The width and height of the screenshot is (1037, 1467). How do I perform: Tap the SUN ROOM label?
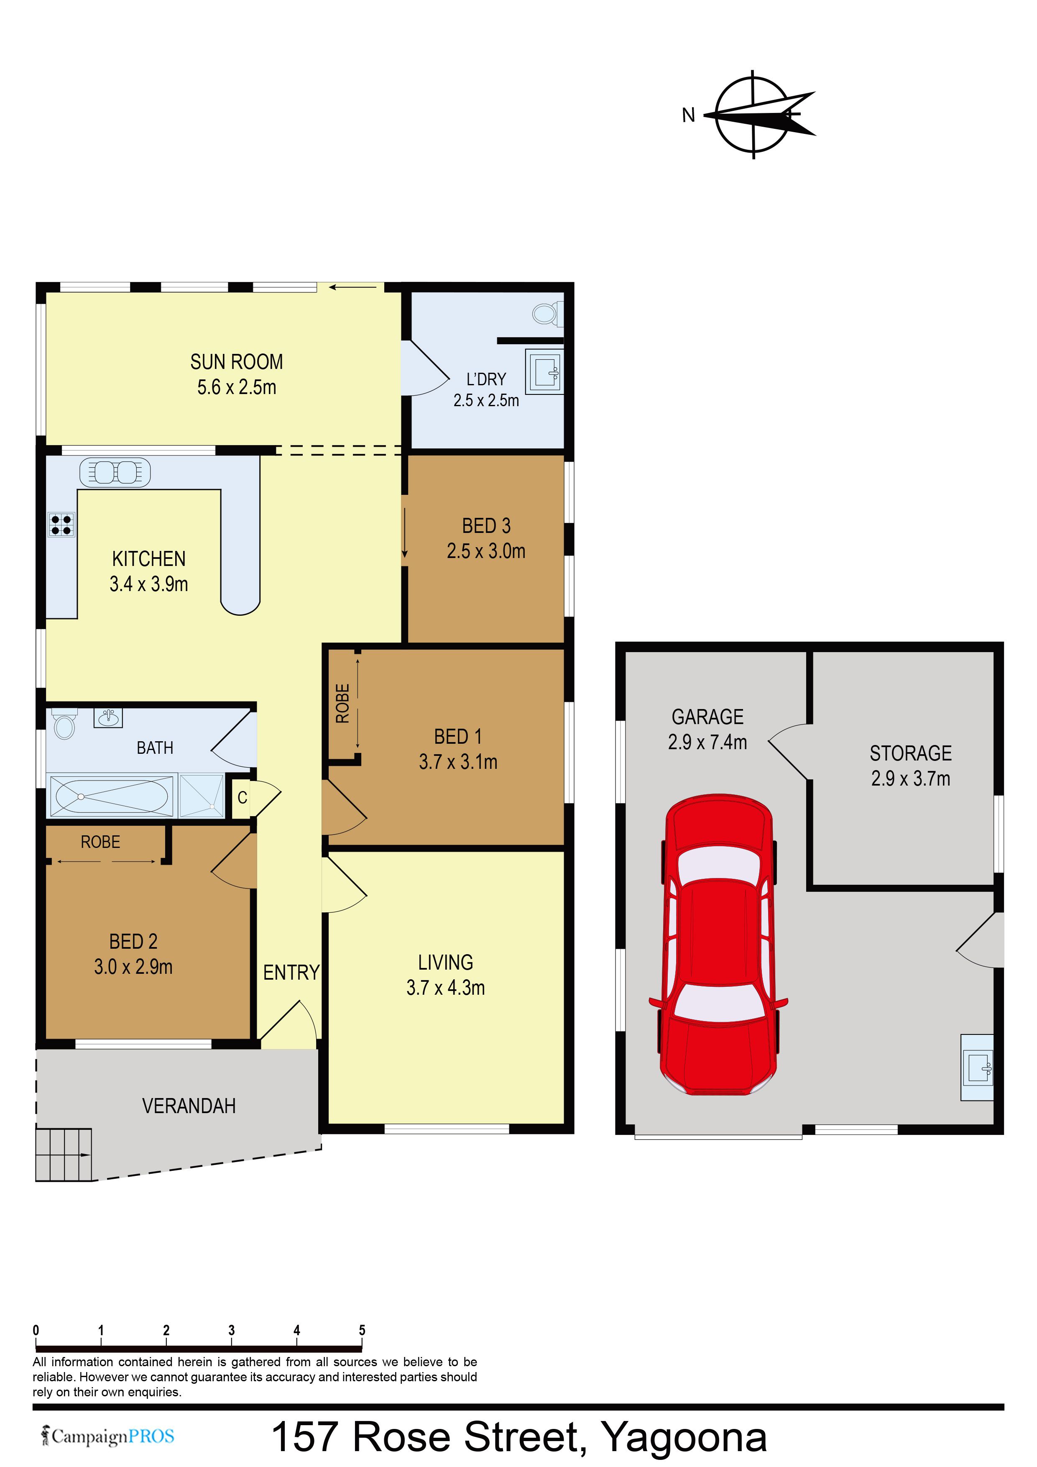click(236, 362)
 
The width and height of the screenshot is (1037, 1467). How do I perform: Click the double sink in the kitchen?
click(115, 472)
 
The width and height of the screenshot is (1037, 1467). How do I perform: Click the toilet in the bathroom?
click(64, 725)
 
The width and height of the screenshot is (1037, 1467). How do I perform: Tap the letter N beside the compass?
click(688, 115)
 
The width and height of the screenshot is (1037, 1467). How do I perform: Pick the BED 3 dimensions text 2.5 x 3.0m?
click(486, 551)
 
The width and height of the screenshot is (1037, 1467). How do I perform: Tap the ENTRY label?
click(291, 973)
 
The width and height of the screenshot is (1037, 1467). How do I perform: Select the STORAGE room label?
click(911, 753)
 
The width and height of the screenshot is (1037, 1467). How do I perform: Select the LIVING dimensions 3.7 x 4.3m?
click(446, 987)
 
